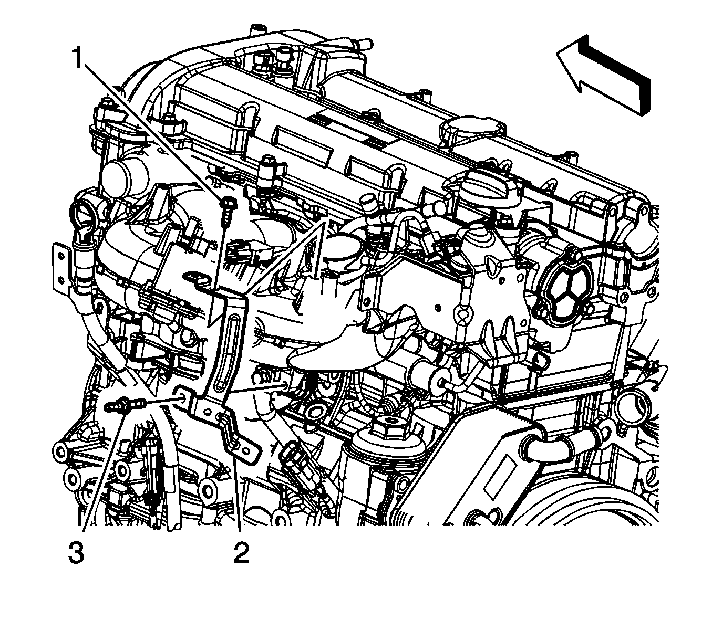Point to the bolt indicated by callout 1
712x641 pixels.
click(226, 212)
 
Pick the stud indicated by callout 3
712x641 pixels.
click(126, 404)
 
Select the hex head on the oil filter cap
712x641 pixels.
click(387, 424)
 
